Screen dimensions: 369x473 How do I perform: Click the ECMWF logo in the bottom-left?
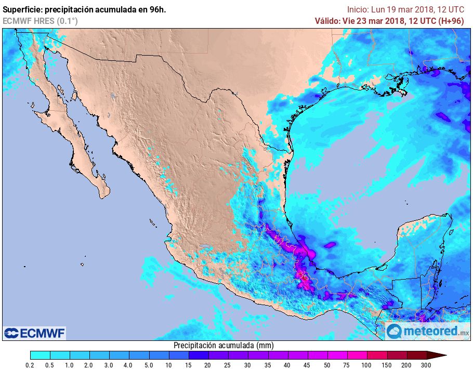point(34,333)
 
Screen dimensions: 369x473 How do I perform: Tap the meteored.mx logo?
point(428,331)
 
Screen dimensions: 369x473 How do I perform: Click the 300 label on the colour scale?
point(426,365)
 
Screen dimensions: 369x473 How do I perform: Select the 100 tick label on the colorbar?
point(366,365)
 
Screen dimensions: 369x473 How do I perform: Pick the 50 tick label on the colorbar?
point(327,365)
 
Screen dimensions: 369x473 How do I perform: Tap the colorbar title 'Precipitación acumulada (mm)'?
point(224,346)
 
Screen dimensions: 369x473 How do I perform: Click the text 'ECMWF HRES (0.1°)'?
point(40,21)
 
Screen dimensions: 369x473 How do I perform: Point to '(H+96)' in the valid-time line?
point(452,21)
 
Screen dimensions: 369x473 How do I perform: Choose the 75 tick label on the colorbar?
point(347,365)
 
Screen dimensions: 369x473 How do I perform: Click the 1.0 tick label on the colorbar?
point(70,365)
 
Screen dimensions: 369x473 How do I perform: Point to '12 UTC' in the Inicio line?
point(450,9)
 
